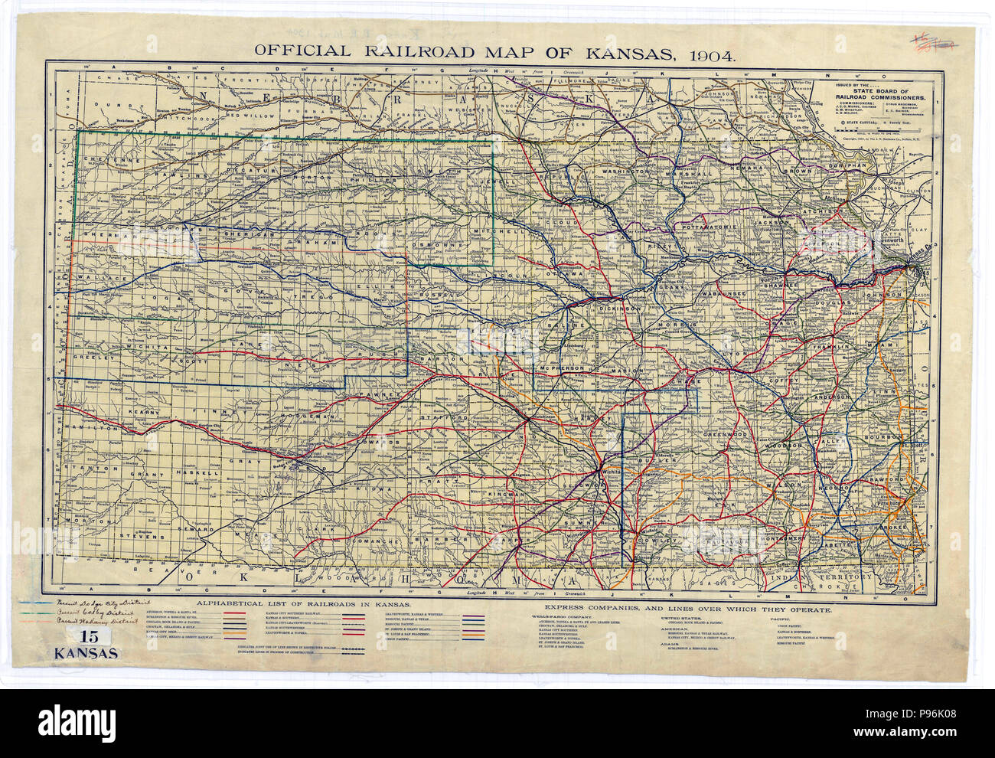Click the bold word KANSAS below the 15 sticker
click(x=85, y=654)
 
